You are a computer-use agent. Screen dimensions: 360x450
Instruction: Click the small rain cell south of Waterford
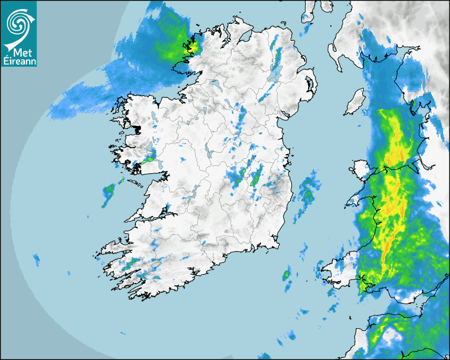click(286, 275)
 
